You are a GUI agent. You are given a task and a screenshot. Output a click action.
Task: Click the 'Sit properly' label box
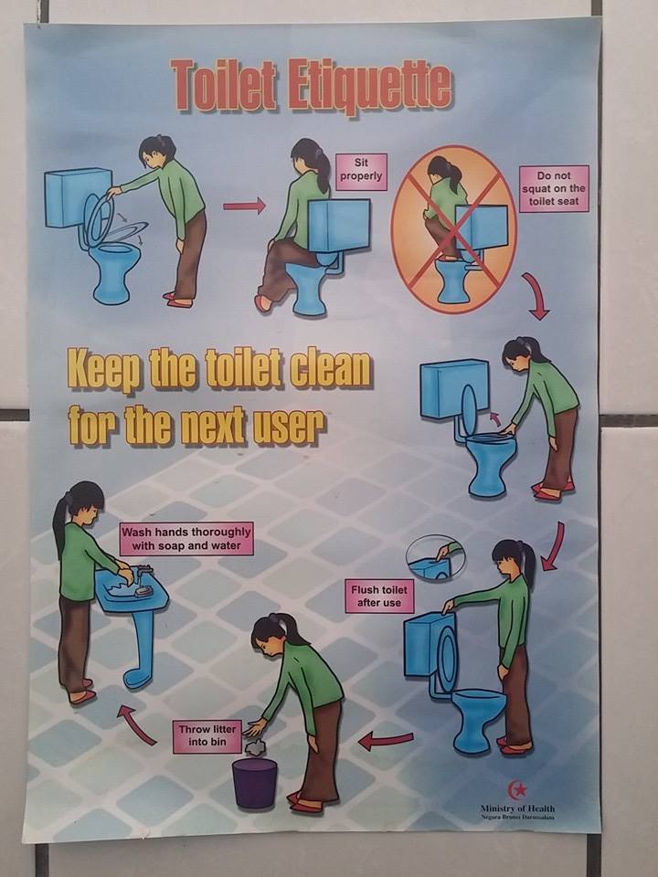(361, 171)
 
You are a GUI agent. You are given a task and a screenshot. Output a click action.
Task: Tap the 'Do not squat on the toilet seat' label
(554, 188)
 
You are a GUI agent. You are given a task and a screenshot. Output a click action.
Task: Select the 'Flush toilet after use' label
(378, 597)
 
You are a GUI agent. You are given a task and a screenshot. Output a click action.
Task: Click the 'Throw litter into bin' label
(207, 736)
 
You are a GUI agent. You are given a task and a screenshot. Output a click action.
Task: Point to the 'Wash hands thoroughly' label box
(186, 539)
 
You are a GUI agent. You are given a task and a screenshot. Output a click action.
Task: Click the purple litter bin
(254, 783)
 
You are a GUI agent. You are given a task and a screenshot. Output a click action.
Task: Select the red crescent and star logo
(517, 789)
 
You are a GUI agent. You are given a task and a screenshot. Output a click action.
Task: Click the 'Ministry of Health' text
(517, 808)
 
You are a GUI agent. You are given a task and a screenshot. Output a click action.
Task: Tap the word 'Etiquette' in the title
(370, 88)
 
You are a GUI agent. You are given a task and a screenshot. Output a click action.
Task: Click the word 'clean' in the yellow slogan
(330, 370)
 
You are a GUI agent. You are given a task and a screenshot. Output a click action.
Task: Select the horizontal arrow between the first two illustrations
(244, 206)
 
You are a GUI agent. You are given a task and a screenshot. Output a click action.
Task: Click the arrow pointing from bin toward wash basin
(136, 724)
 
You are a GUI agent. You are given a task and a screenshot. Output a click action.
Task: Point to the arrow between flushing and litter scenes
(386, 741)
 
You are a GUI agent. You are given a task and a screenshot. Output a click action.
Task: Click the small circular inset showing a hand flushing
(435, 558)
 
